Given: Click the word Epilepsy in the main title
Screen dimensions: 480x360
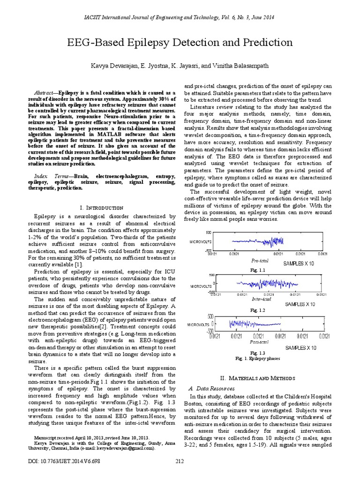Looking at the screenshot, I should [149, 43].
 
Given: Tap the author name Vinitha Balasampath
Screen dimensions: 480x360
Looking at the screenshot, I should [240, 66].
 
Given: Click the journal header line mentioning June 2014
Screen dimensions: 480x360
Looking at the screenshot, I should [180, 17].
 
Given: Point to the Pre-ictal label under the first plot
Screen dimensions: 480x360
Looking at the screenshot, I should [259, 260].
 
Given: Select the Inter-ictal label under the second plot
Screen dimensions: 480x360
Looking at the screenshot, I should [261, 299].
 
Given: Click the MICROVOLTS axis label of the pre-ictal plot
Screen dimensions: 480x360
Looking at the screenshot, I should [201, 242].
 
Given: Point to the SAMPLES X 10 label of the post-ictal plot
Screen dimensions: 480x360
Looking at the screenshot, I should [300, 348].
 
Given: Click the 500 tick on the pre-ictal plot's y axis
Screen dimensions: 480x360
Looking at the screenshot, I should [209, 232].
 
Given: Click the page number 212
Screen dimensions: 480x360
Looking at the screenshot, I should [180, 462].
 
